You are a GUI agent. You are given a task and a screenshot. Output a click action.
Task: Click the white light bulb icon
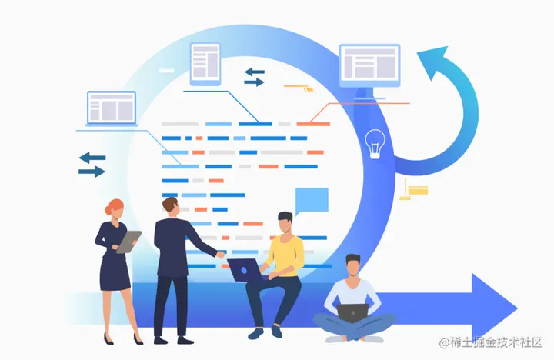point(375,143)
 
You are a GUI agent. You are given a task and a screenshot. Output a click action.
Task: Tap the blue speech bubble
point(311,200)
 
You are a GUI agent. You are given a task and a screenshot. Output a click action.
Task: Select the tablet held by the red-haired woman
point(128,242)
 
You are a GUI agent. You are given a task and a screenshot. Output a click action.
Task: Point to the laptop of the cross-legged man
point(353,312)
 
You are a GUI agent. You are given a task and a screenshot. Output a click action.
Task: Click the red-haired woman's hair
point(115,208)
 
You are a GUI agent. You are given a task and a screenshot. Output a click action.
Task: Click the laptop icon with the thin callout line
point(112,108)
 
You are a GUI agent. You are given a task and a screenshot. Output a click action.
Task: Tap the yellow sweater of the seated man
point(285,254)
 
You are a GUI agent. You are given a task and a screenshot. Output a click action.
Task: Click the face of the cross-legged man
point(352,267)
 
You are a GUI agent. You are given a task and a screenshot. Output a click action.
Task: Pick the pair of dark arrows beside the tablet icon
point(255,76)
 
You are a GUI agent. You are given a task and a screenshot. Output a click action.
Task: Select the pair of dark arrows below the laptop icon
point(92,165)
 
